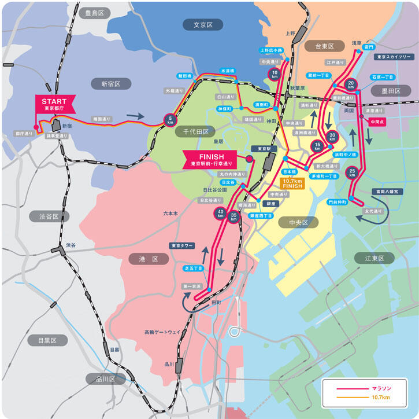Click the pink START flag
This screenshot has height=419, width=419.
[54, 104]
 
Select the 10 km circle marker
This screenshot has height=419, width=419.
[275, 74]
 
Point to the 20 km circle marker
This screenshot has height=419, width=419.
[351, 86]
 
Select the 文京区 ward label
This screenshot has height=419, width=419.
[203, 25]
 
